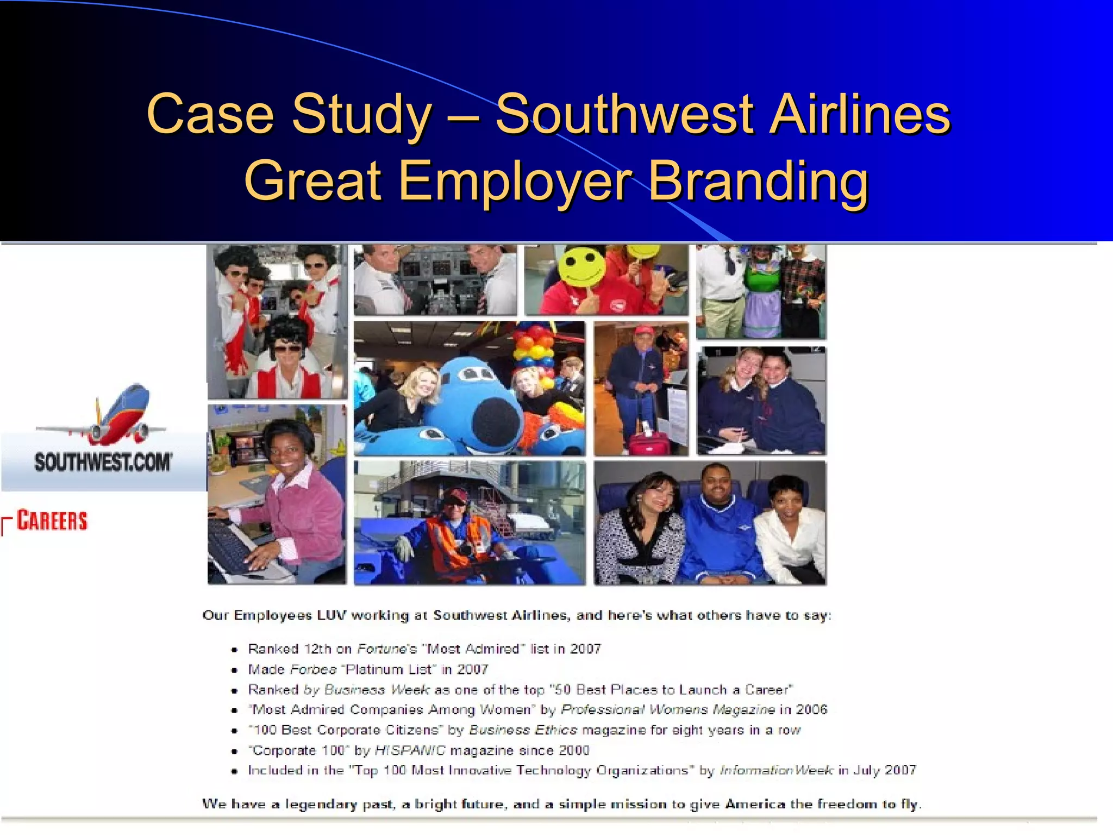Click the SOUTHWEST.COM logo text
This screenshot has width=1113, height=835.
pyautogui.click(x=103, y=463)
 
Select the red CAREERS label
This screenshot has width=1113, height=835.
pyautogui.click(x=52, y=520)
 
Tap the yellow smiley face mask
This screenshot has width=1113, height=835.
pyautogui.click(x=583, y=266)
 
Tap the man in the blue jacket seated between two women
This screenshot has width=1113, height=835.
pyautogui.click(x=717, y=522)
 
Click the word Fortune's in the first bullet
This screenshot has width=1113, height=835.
pyautogui.click(x=386, y=649)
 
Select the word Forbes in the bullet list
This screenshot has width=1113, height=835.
pyautogui.click(x=314, y=669)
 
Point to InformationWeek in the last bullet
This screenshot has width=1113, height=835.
pyautogui.click(x=776, y=770)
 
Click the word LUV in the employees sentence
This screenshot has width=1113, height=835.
pyautogui.click(x=331, y=615)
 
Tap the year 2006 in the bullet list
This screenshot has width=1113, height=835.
pyautogui.click(x=811, y=709)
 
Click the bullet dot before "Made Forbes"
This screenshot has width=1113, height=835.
pyautogui.click(x=234, y=670)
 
